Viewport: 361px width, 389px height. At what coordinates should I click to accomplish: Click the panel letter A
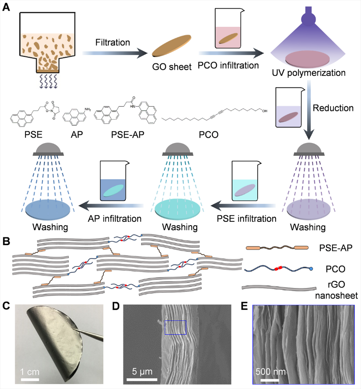click(7, 7)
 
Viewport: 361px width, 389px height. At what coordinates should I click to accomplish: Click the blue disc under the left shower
click(47, 210)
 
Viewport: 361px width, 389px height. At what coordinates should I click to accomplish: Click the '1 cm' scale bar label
click(30, 371)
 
